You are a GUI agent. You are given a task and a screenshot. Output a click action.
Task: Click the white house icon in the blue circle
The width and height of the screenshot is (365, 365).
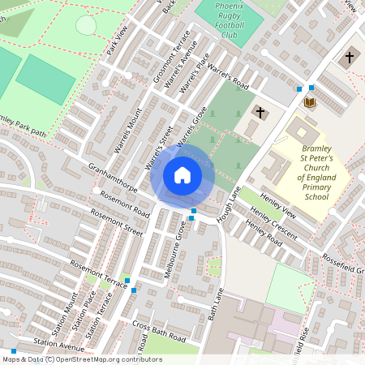point(182,175)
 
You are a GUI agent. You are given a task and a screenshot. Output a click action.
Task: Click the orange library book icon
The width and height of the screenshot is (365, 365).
point(309,102)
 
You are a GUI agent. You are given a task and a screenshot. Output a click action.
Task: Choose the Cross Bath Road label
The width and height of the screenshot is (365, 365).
point(159,331)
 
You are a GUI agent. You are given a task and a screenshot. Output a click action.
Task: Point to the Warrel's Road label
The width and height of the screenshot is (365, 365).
point(230,74)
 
